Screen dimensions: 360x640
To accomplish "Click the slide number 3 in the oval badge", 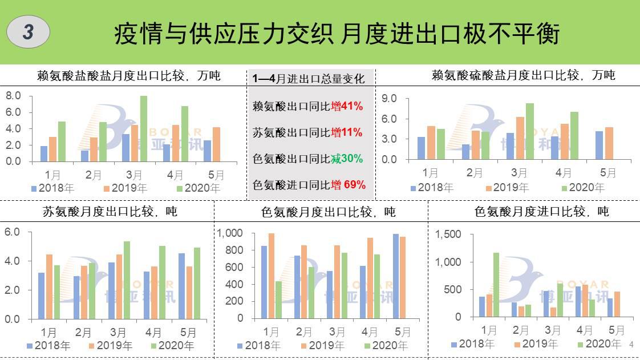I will point(28,32).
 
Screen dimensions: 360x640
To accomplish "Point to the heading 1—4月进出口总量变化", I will point(308,79).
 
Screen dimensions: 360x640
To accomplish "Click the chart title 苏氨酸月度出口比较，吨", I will point(110,212).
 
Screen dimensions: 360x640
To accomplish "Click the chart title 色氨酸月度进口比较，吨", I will point(541,212).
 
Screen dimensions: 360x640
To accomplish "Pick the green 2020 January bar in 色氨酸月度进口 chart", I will point(496,285).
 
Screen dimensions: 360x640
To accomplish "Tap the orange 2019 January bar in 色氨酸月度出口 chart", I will point(271,277).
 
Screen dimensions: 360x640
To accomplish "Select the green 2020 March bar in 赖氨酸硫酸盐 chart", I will point(530,131).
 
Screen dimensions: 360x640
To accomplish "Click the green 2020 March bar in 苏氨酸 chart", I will point(127,280).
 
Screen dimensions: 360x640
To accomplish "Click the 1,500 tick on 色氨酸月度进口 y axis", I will point(448,234).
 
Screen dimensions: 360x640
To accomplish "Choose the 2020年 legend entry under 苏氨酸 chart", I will point(172,345).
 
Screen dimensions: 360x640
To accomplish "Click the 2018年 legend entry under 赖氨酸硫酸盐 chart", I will point(432,188).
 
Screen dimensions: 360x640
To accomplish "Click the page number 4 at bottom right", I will point(631,345).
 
